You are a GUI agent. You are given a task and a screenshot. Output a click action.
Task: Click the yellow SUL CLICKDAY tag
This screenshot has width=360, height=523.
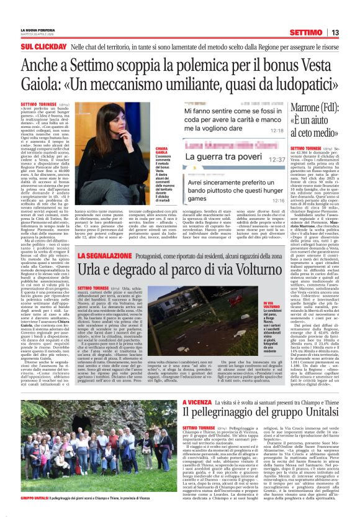tap(43, 47)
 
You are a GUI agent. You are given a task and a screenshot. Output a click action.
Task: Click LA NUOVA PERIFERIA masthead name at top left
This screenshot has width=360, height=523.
tap(38, 29)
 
